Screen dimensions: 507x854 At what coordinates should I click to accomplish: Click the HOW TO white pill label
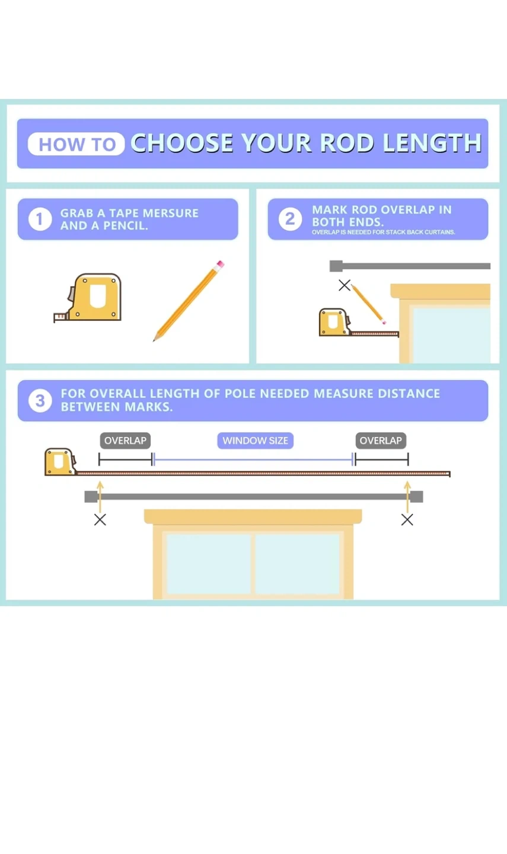click(x=76, y=144)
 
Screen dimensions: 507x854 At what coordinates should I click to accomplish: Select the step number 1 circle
click(x=40, y=219)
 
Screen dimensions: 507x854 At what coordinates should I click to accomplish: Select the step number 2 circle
click(x=290, y=219)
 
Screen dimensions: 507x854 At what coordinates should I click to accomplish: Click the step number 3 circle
click(x=40, y=401)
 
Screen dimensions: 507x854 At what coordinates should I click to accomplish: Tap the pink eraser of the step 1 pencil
click(x=220, y=265)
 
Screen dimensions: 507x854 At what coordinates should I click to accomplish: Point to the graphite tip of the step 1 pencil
click(x=154, y=340)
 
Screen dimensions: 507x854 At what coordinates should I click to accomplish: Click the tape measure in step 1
click(x=88, y=298)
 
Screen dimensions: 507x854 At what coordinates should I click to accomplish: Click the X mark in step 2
click(x=345, y=285)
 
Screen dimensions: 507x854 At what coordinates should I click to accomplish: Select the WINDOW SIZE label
click(x=256, y=441)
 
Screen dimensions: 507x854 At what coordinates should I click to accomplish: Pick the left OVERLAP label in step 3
click(x=126, y=441)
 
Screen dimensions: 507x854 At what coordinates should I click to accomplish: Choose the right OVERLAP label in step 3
click(x=381, y=441)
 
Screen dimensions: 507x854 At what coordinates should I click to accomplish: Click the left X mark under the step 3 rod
click(x=100, y=520)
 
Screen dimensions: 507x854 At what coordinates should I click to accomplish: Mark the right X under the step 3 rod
click(x=407, y=520)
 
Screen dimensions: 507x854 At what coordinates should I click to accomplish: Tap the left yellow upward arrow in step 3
click(x=100, y=497)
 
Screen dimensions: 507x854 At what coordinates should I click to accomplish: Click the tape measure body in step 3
click(x=60, y=461)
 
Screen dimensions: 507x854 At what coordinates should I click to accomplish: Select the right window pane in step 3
click(x=297, y=564)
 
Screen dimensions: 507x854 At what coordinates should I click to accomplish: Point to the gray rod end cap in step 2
click(x=336, y=266)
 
